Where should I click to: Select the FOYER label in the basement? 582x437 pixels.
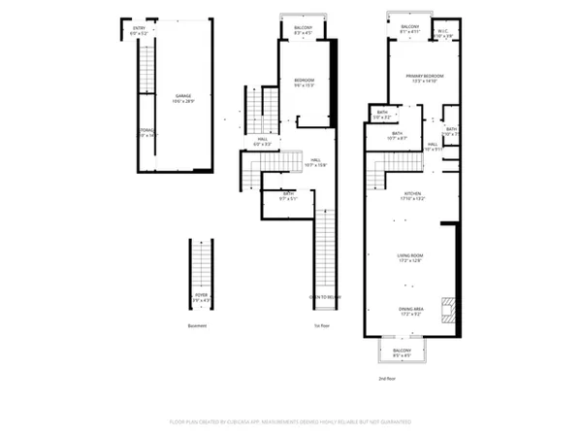click(x=201, y=294)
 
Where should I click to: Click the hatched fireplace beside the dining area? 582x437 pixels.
click(x=447, y=309)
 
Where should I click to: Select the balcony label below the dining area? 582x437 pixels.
click(x=401, y=353)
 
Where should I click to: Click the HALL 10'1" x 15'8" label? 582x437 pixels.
click(x=314, y=162)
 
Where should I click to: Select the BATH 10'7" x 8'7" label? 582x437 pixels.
click(x=397, y=135)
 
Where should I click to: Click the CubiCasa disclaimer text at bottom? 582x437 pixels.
click(x=291, y=422)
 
